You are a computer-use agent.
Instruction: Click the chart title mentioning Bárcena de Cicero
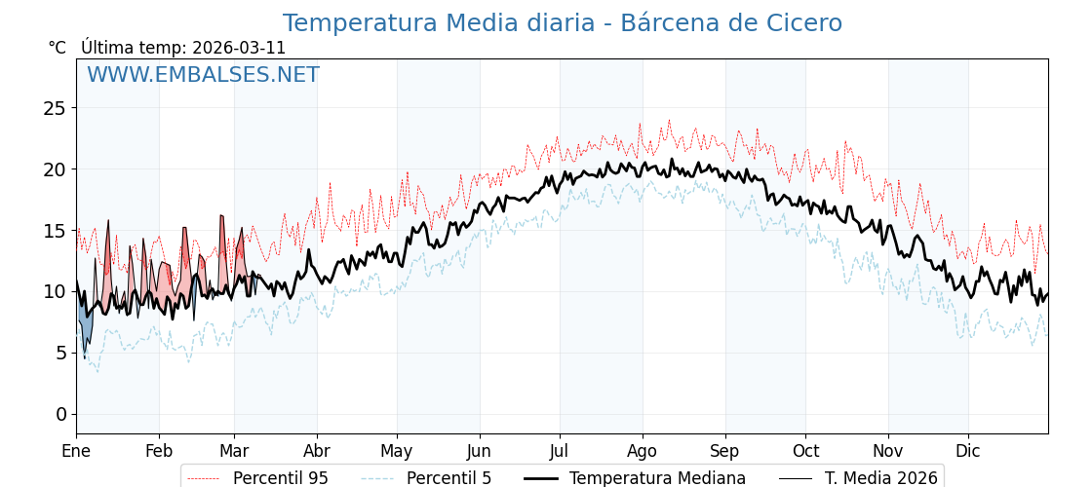click(562, 23)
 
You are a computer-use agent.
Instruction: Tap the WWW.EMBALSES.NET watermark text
click(203, 75)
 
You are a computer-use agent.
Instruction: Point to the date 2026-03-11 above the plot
click(239, 48)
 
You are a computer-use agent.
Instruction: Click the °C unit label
click(57, 48)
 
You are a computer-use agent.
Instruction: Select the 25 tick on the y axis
click(55, 108)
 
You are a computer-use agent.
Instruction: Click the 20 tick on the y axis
click(55, 169)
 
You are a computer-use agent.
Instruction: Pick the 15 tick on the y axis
click(55, 231)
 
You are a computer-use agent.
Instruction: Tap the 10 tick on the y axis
click(55, 292)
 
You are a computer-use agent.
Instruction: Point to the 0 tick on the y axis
click(60, 415)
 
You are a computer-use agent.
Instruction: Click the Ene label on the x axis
click(76, 452)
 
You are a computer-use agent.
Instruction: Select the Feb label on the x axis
click(159, 452)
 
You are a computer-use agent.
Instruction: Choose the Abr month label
click(317, 452)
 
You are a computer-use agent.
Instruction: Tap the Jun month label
click(479, 452)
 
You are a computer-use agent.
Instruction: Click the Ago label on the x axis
click(643, 452)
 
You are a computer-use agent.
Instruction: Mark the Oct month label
click(805, 452)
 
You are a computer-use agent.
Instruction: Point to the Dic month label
click(968, 452)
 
